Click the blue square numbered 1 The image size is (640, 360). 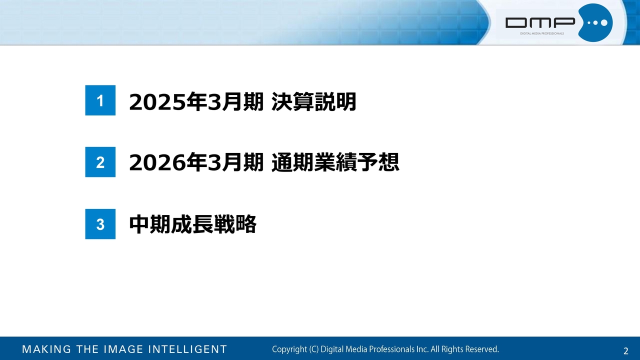(100, 100)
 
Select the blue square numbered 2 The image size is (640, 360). (100, 162)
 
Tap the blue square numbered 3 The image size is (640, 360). (100, 224)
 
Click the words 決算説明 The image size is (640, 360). (313, 101)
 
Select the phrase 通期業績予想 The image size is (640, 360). (335, 162)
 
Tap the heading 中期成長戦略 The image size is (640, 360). (193, 224)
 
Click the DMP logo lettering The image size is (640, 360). (540, 23)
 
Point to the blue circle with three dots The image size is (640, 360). (595, 23)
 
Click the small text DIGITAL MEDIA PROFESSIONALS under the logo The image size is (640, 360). (542, 33)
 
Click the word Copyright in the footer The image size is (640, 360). (289, 349)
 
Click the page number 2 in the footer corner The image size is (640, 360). (625, 351)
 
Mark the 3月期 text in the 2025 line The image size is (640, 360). (235, 101)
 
